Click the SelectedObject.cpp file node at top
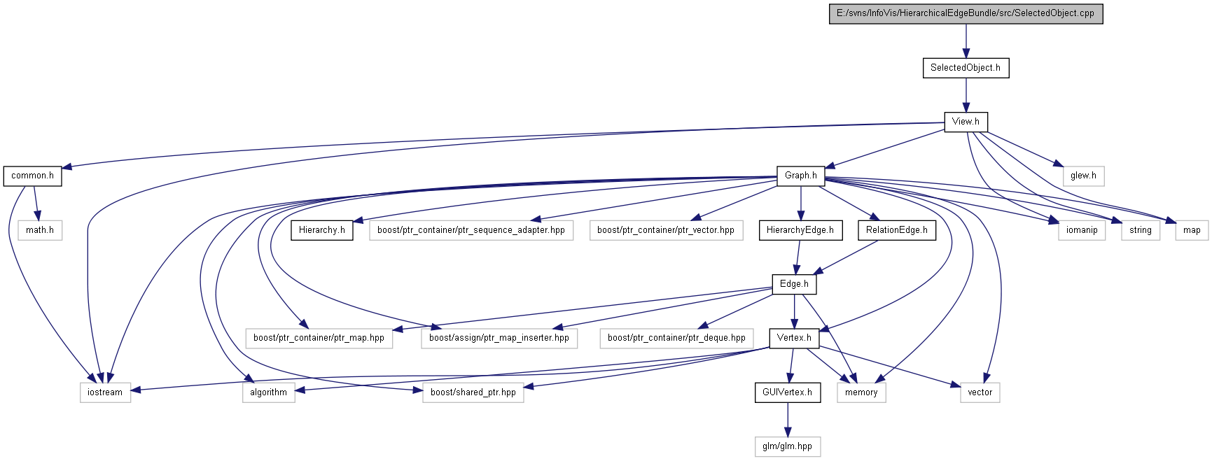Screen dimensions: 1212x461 [966, 13]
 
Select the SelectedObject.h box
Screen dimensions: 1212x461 [966, 68]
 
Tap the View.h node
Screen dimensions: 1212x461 [966, 122]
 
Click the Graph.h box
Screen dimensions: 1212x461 [800, 176]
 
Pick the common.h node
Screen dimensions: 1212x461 [32, 176]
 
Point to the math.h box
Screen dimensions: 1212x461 [40, 230]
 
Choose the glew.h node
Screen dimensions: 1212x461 [1083, 176]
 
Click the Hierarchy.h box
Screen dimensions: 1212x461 [322, 230]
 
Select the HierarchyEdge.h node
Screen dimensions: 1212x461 [800, 230]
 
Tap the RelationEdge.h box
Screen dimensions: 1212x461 [897, 230]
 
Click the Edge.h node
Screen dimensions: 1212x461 [794, 284]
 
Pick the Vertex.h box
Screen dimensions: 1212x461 [794, 338]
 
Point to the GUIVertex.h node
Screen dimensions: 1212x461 [787, 392]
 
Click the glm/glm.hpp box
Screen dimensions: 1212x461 [787, 446]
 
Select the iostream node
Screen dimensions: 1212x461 [105, 392]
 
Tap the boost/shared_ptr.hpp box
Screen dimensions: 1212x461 [473, 392]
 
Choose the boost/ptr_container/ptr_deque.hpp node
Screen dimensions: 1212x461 [676, 338]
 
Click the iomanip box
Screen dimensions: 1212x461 [1082, 230]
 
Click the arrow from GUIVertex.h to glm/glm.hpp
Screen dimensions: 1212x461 [787, 420]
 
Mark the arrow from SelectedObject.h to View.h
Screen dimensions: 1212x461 [966, 94]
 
